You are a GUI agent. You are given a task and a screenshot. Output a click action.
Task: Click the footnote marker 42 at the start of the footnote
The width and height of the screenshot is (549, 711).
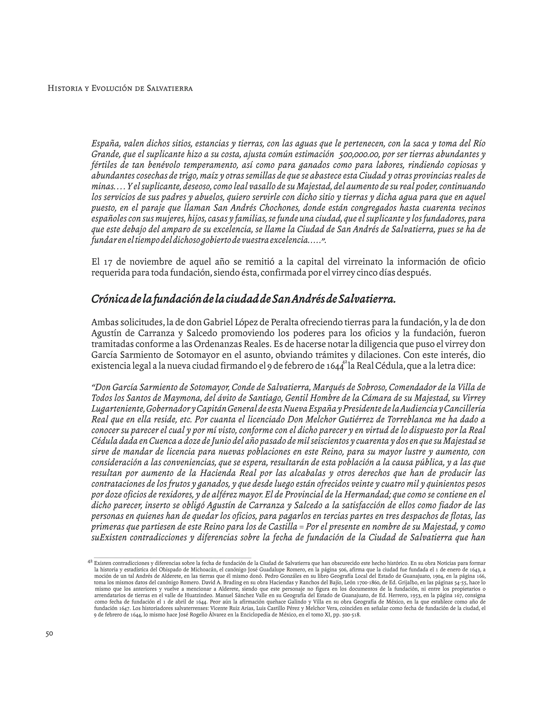[x=90, y=562]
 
